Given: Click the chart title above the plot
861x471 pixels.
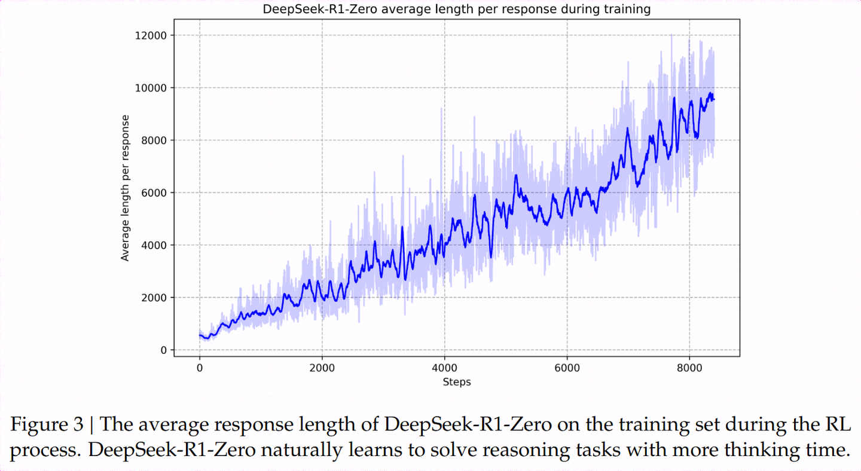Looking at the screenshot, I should (457, 10).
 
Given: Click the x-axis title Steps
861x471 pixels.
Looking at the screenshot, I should (457, 382).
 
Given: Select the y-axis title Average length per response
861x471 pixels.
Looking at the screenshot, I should (126, 188).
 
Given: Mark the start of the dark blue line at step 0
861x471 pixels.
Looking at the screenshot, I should (200, 335).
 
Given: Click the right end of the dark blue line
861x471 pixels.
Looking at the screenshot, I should (714, 99).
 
